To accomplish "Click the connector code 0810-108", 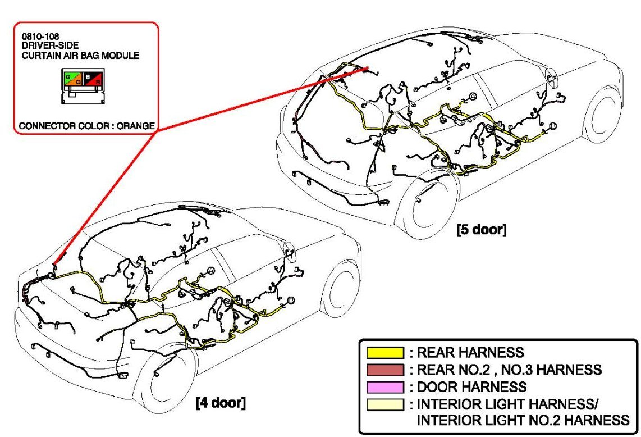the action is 40,37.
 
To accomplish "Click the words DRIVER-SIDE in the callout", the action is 51,45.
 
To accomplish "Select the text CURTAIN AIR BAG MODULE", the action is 80,55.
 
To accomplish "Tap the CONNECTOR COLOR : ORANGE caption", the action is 87,126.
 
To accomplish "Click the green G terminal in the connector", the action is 68,76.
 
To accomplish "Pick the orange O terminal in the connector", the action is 77,81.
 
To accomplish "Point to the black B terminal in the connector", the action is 88,76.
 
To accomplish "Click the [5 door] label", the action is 482,229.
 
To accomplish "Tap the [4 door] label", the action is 221,403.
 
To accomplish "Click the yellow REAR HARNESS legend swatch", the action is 385,353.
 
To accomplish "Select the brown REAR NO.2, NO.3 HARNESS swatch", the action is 385,370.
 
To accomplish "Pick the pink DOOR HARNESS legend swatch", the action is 385,387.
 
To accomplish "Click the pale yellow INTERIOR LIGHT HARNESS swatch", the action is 385,404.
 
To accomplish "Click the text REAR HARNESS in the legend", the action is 470,353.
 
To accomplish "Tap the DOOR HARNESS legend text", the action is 471,387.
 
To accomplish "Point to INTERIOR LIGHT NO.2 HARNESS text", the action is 523,420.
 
